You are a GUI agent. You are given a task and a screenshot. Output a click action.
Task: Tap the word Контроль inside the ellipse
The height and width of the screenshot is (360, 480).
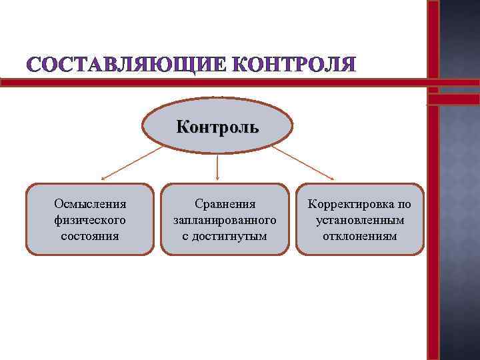(217, 127)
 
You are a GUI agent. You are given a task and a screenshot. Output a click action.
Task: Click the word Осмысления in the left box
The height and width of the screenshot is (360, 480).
(90, 203)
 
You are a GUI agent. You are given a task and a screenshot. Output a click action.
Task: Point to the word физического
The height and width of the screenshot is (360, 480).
(90, 219)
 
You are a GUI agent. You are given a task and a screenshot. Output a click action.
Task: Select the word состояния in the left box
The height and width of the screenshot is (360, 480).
(90, 235)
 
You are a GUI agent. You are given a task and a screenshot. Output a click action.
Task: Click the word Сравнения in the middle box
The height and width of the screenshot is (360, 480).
(225, 203)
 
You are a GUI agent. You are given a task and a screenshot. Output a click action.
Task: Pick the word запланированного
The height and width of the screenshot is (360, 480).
(225, 219)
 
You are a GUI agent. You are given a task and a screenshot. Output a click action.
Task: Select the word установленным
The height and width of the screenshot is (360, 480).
(360, 219)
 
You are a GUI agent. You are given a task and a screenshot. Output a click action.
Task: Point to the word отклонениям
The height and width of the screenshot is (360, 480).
(360, 235)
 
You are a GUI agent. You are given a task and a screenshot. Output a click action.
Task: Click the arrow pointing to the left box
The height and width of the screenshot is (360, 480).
(131, 163)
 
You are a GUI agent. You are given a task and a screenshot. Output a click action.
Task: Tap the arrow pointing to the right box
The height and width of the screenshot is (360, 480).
(303, 163)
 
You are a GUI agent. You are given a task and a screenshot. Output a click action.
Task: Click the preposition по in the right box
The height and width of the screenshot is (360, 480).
(405, 203)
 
